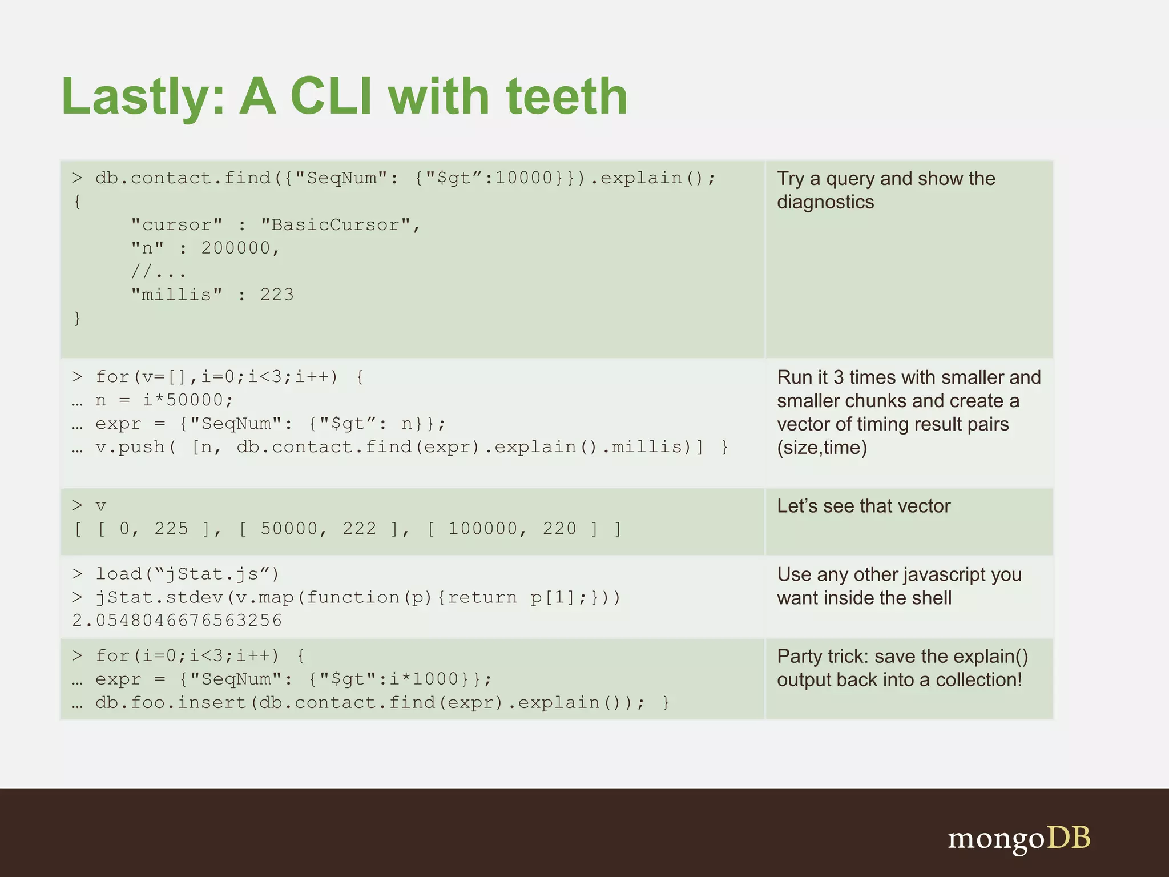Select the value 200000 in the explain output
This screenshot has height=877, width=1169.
pos(235,248)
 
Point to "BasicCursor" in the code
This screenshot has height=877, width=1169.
pos(335,225)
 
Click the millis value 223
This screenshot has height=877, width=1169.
pos(277,295)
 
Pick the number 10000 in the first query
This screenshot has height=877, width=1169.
pos(524,178)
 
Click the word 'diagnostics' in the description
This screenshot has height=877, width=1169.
pos(825,202)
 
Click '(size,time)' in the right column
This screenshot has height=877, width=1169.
pos(822,448)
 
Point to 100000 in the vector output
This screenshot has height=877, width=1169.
pos(483,529)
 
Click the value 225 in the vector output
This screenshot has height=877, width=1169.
pos(171,529)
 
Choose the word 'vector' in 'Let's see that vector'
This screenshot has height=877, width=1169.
pos(921,506)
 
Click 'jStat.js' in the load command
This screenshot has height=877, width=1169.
pos(217,574)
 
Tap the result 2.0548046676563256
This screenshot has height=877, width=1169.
pos(177,621)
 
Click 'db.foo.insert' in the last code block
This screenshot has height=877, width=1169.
pos(171,702)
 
